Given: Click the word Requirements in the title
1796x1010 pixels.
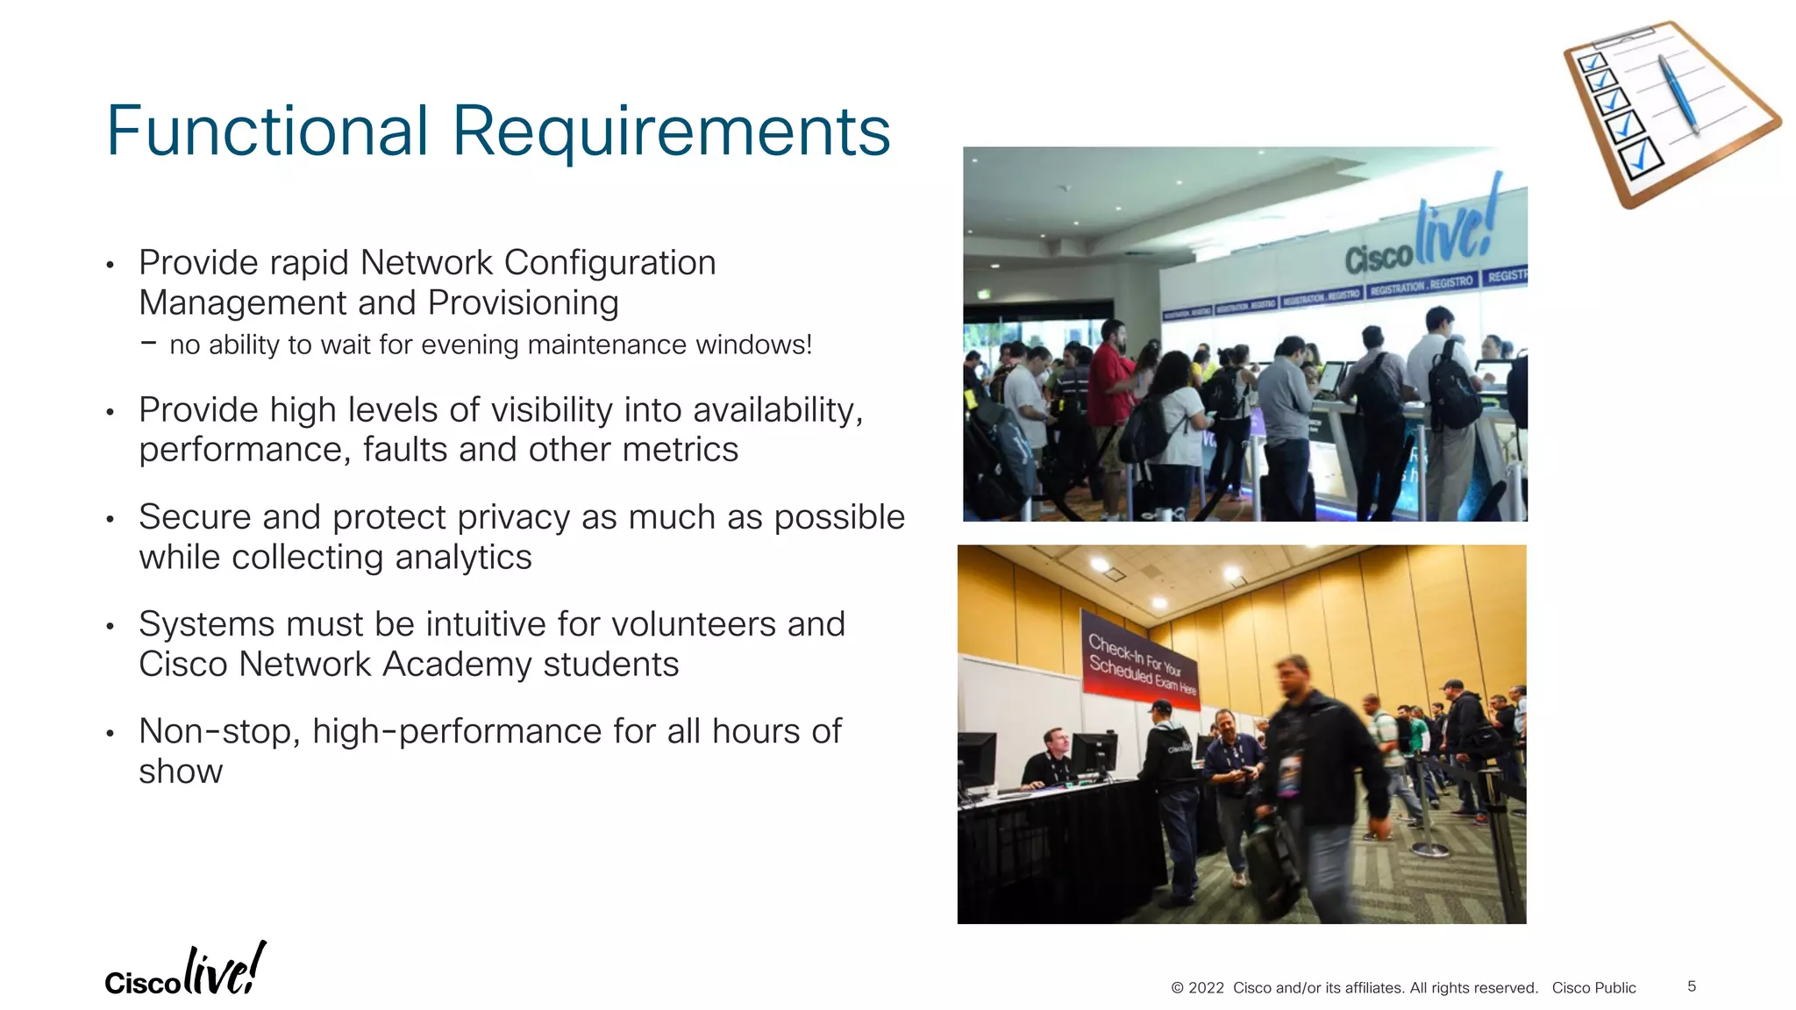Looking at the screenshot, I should tap(671, 132).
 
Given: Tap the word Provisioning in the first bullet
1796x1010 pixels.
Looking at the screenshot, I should tap(523, 303).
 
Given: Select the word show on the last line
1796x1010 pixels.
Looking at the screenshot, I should tap(181, 772).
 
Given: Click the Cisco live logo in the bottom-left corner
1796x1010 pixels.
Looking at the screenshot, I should tap(185, 971).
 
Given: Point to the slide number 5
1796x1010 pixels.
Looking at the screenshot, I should tap(1692, 986).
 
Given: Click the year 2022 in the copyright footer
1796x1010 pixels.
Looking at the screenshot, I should tap(1206, 988).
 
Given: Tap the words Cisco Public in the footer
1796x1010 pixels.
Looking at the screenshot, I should tap(1593, 988).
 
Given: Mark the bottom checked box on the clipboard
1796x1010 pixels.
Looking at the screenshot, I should tap(1640, 159).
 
